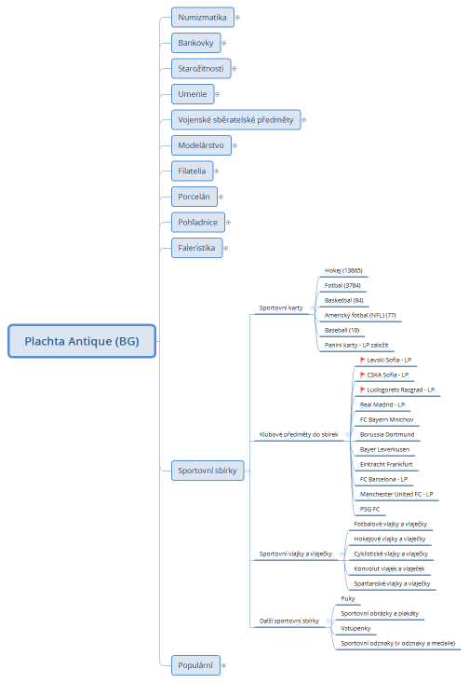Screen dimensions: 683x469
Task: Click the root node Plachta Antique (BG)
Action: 82,341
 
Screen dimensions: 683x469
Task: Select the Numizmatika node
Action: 202,17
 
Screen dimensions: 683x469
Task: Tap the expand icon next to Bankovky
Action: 224,43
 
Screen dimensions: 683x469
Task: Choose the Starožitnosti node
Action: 200,68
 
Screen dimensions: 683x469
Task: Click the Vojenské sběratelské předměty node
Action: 235,119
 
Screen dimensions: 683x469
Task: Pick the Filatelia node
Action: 193,171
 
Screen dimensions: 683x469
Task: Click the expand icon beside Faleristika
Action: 226,248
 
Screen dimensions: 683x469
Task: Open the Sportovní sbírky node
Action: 207,471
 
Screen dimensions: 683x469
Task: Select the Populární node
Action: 194,664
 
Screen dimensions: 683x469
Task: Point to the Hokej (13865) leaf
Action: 343,270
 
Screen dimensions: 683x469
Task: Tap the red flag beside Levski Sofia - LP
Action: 363,360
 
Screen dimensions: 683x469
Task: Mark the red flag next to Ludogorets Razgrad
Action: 363,389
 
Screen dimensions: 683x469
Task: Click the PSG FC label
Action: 369,509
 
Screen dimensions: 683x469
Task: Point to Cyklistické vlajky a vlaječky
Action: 390,553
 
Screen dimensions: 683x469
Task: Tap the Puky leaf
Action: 348,599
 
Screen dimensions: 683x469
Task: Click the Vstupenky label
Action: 356,629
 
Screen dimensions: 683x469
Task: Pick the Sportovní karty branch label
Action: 281,307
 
